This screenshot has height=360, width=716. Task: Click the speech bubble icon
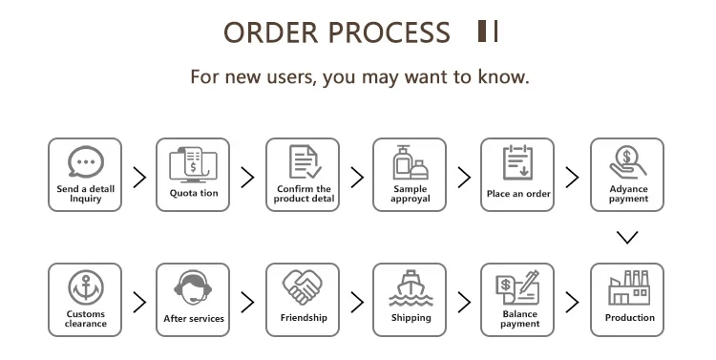point(85,161)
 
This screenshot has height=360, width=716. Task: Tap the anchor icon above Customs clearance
point(86,287)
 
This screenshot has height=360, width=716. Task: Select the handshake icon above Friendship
point(303,287)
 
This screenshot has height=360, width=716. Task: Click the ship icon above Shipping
point(411,287)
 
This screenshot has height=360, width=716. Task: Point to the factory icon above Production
point(628,287)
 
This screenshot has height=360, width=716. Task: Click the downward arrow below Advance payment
point(627,237)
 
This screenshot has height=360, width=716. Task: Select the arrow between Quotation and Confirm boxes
point(247,178)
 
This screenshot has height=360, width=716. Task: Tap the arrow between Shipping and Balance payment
point(464,302)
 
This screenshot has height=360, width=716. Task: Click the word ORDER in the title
point(271,32)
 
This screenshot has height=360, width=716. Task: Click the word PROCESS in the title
point(390,32)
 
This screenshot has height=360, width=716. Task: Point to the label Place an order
point(518,194)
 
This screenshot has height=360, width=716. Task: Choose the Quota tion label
point(194,193)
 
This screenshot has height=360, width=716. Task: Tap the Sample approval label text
point(411,194)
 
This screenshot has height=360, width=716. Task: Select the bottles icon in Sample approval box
point(411,162)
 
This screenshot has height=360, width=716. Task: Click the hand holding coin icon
point(628,161)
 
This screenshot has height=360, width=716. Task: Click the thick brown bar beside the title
point(482,32)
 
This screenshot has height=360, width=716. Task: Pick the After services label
point(194,318)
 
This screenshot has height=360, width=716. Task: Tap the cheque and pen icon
point(517,287)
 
